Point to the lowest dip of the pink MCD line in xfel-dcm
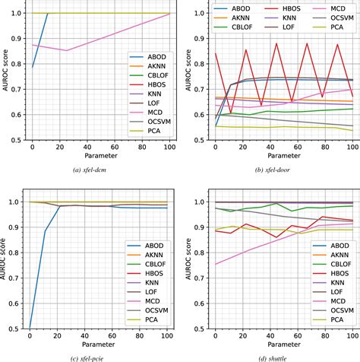tap(67, 50)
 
